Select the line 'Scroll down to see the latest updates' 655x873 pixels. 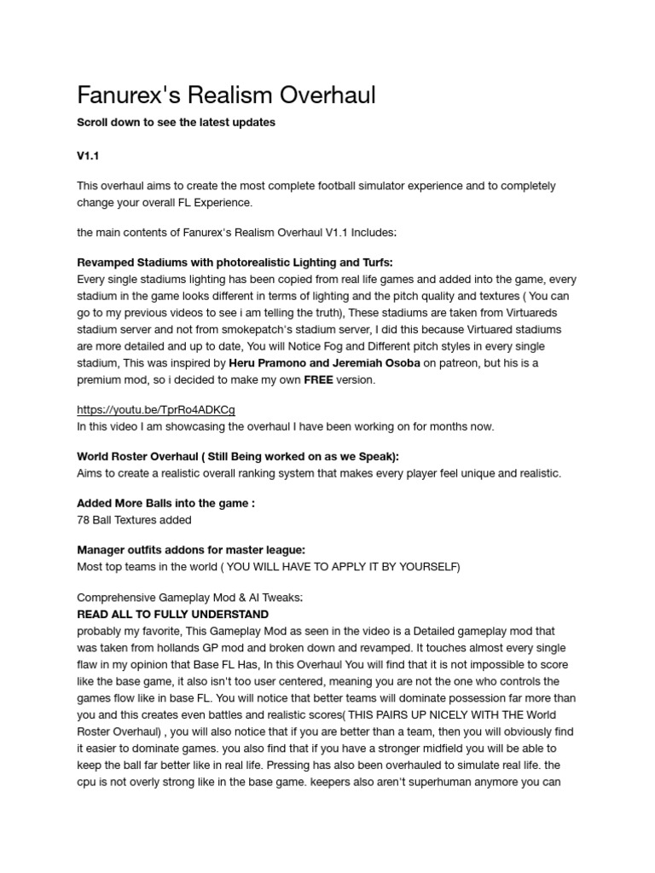coord(176,123)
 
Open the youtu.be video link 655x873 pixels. coord(156,409)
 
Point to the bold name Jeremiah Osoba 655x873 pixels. coord(379,363)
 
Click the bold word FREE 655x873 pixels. coord(318,379)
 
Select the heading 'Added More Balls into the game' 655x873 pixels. coord(165,503)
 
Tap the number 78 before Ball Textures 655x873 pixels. coord(84,519)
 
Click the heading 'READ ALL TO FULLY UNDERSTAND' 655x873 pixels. coord(173,614)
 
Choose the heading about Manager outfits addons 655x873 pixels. coord(191,551)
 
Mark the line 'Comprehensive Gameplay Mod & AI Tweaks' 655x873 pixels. coord(190,598)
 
